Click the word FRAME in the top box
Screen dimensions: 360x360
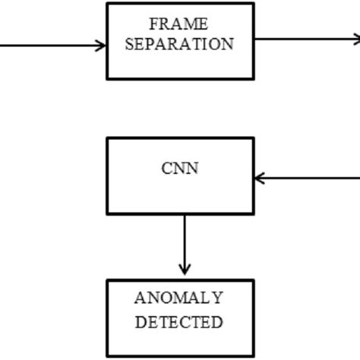179,24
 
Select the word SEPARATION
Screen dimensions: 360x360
179,44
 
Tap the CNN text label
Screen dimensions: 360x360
180,168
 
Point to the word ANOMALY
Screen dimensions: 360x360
179,298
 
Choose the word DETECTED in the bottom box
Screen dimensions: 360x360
179,321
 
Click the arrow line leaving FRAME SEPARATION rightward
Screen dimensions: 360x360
304,38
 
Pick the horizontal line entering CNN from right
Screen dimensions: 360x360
311,178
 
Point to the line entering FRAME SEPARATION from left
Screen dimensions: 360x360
46,45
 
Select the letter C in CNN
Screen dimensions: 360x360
167,168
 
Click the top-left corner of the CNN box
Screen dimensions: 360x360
107,138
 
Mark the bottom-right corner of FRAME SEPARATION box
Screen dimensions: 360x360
253,78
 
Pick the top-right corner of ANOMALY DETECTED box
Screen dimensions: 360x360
253,280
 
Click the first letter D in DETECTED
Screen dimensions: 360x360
141,321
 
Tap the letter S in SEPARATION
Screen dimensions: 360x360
129,44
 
